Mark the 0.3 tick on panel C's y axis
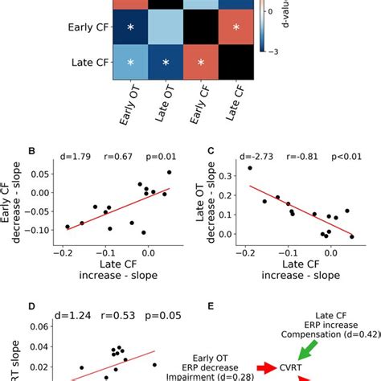pyautogui.click(x=231, y=174)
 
